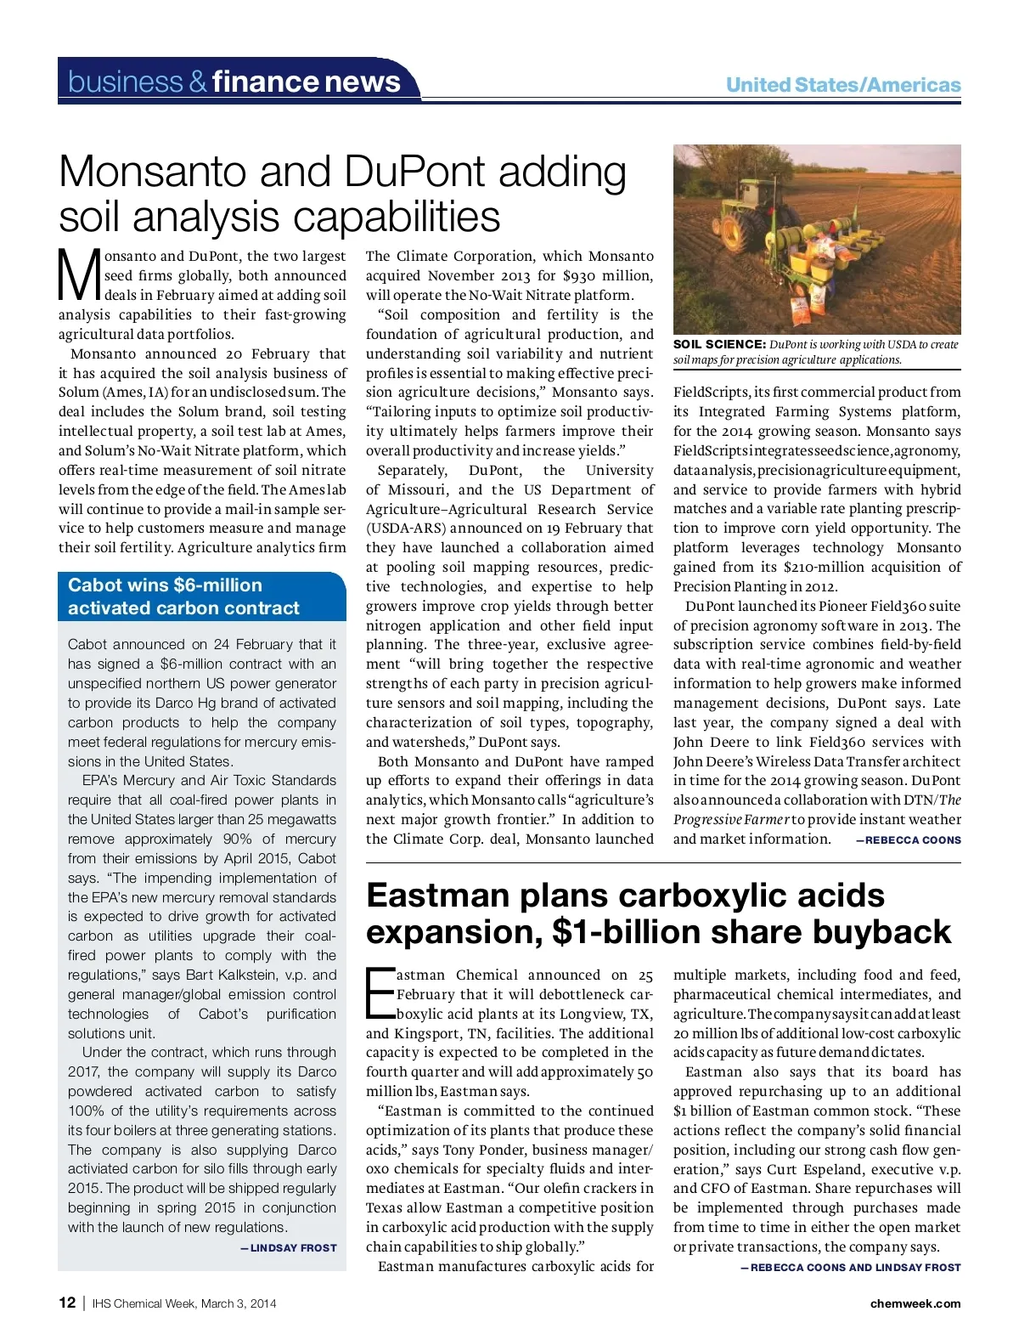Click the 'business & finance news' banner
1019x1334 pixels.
pos(234,82)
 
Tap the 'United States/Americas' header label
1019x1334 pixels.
pos(842,85)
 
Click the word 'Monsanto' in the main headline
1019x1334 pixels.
pos(153,172)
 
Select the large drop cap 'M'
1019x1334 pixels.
pos(79,274)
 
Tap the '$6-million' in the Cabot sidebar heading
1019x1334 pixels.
pos(217,585)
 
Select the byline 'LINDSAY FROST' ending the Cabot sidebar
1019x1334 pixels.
pos(293,1248)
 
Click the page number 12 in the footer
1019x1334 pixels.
pos(67,1303)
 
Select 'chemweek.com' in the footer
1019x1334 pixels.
pos(915,1303)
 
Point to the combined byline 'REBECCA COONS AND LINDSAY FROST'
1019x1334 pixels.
pos(855,1268)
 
